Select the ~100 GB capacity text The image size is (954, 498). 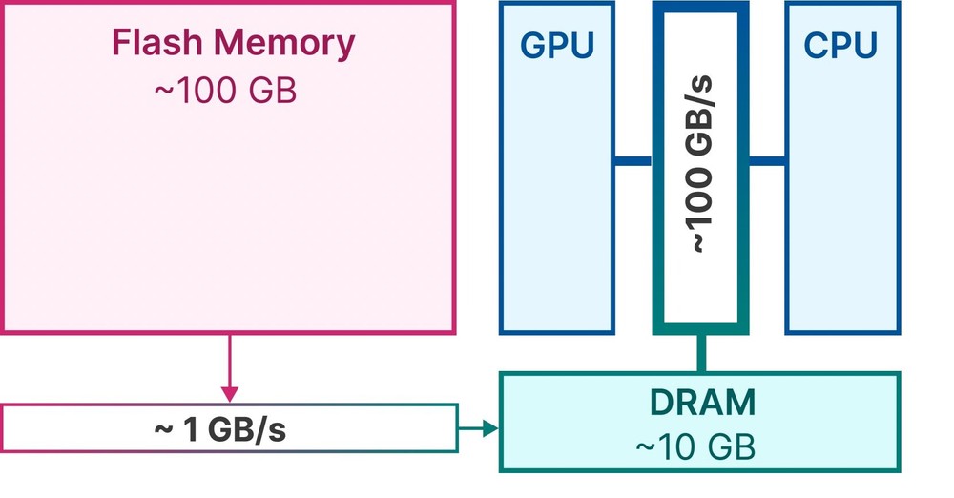tap(225, 91)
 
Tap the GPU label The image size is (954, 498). tap(557, 45)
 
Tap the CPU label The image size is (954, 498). tap(840, 45)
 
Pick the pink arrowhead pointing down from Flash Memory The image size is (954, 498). tap(229, 393)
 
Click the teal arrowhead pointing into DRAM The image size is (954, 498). tap(490, 429)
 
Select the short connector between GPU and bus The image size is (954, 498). tap(633, 160)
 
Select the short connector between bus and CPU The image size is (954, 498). tap(766, 160)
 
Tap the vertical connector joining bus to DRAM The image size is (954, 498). tap(701, 353)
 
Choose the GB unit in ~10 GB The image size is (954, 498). tap(732, 446)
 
